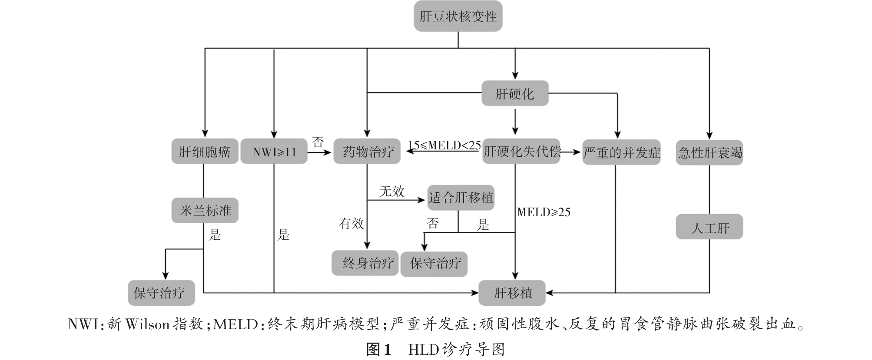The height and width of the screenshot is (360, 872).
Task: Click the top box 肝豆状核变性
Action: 458,17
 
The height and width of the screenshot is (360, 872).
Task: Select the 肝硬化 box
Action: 515,94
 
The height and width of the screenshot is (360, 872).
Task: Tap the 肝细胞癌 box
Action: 205,152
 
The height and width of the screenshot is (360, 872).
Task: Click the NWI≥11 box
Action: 274,152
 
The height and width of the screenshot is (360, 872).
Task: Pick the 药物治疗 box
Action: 367,152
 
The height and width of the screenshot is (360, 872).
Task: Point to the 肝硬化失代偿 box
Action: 521,152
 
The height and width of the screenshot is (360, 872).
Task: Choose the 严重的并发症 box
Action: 621,152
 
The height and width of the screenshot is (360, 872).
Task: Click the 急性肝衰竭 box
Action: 710,152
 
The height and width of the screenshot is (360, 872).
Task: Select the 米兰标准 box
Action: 205,211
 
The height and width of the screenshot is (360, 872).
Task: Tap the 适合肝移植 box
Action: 461,198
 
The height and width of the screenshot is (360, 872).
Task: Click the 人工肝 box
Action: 710,227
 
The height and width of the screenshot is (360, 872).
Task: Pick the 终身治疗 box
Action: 365,263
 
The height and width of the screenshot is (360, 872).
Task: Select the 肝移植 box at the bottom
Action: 512,293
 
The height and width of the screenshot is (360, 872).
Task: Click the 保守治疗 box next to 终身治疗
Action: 434,263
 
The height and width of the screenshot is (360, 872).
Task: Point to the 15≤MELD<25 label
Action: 444,145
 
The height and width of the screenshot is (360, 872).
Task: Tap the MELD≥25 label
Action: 544,212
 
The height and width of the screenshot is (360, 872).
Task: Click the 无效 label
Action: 391,191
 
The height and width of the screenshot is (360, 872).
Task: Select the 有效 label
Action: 351,224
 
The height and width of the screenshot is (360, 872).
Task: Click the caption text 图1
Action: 379,350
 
